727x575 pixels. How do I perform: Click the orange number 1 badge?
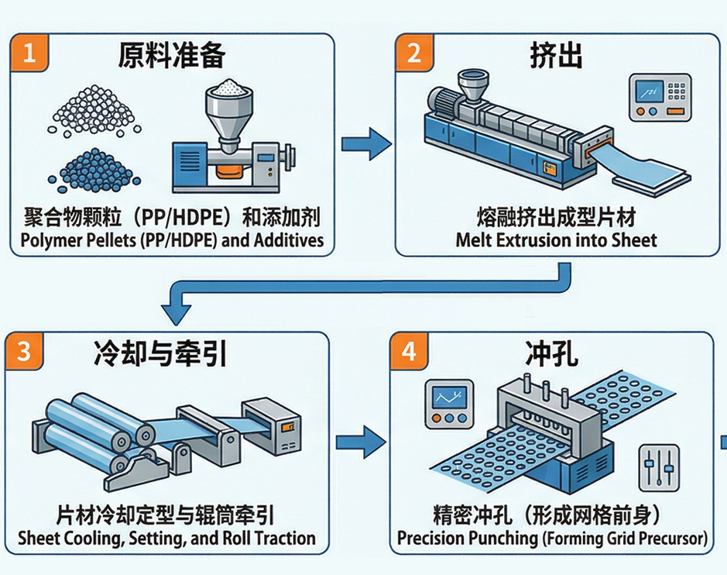(29, 53)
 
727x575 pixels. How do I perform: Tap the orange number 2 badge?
(413, 53)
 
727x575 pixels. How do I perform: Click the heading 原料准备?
(171, 57)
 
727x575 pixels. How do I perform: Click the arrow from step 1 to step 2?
(365, 144)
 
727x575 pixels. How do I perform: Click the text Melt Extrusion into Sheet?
(556, 239)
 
